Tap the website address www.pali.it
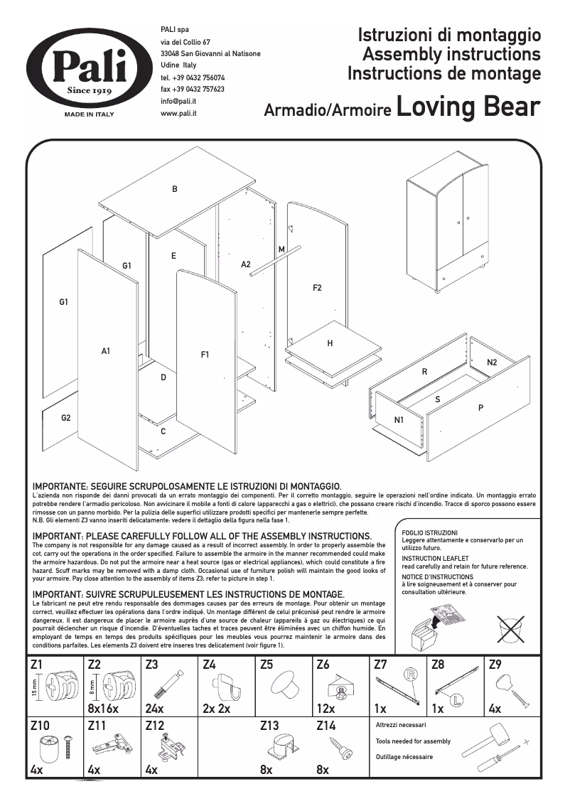[x=178, y=113]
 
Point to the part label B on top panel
[x=174, y=189]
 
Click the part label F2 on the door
[x=317, y=288]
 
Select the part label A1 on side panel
[x=106, y=350]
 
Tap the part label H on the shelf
[x=330, y=343]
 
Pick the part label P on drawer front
[x=480, y=408]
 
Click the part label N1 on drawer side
[x=399, y=420]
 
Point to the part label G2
[x=65, y=418]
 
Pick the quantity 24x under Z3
[x=154, y=709]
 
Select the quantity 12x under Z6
[x=326, y=709]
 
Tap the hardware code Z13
[x=269, y=726]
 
